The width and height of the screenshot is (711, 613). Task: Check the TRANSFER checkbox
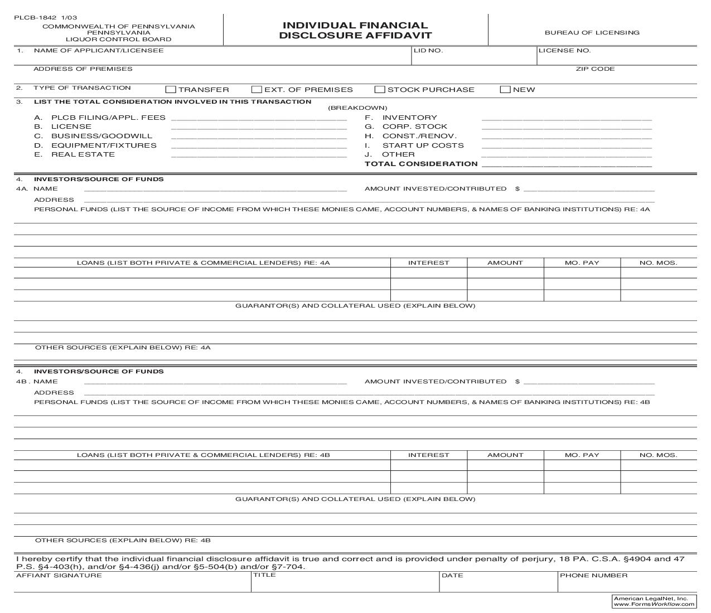[x=171, y=90]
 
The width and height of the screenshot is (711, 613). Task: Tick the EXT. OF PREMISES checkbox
[x=257, y=90]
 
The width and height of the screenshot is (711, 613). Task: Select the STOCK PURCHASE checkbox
[x=380, y=90]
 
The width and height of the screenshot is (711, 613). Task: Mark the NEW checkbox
[x=505, y=90]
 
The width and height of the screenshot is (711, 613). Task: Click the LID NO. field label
[x=428, y=51]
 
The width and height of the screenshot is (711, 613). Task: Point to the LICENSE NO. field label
[x=564, y=51]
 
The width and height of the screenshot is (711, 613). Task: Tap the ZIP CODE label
[x=595, y=69]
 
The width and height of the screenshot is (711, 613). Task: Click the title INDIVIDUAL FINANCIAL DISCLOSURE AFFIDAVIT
[x=355, y=31]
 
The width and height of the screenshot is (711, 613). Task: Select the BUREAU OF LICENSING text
[x=592, y=33]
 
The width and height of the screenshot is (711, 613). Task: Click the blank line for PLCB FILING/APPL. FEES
[x=259, y=118]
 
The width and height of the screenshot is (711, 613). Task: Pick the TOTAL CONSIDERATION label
[x=421, y=164]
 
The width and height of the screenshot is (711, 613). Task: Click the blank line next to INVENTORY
[x=566, y=118]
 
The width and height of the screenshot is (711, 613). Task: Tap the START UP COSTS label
[x=423, y=145]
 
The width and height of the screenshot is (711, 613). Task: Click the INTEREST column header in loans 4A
[x=428, y=263]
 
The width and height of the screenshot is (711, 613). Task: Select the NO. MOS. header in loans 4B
[x=658, y=455]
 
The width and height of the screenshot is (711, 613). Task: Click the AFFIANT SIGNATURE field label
[x=59, y=576]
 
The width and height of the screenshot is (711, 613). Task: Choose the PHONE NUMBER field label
[x=593, y=576]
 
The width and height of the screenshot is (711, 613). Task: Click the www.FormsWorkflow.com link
[x=654, y=604]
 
